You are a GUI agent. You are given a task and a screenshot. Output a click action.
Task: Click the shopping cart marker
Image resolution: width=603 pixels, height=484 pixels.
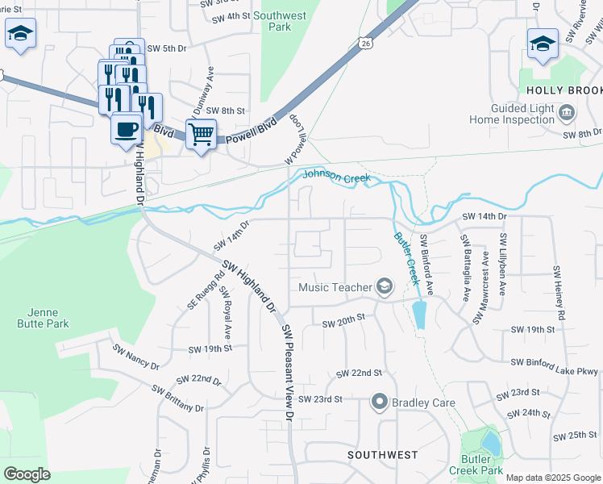[x=201, y=133]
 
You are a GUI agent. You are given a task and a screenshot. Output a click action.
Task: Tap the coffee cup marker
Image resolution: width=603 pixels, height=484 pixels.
[x=126, y=129]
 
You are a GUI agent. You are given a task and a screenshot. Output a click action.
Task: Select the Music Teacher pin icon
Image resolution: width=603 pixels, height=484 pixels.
[x=385, y=286]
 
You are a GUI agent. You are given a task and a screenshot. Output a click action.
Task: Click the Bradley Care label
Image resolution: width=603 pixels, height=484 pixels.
[x=423, y=402]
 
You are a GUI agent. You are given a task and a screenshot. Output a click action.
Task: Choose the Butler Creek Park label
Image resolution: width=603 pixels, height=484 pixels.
[x=482, y=464]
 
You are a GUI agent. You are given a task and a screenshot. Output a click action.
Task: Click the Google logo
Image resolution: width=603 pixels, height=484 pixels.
[x=27, y=474]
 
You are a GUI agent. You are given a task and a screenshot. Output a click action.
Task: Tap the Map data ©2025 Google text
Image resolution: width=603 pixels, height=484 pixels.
[x=552, y=478]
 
